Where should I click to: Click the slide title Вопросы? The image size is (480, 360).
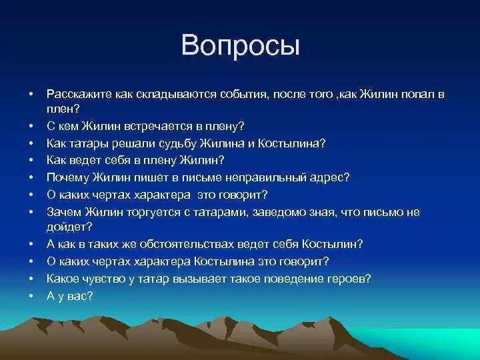tap(240, 46)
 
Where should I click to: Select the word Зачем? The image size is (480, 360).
tap(63, 212)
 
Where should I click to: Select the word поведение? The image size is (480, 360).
tap(298, 278)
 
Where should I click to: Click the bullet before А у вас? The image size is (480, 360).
tap(31, 295)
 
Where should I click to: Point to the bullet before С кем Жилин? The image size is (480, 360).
tap(31, 125)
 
